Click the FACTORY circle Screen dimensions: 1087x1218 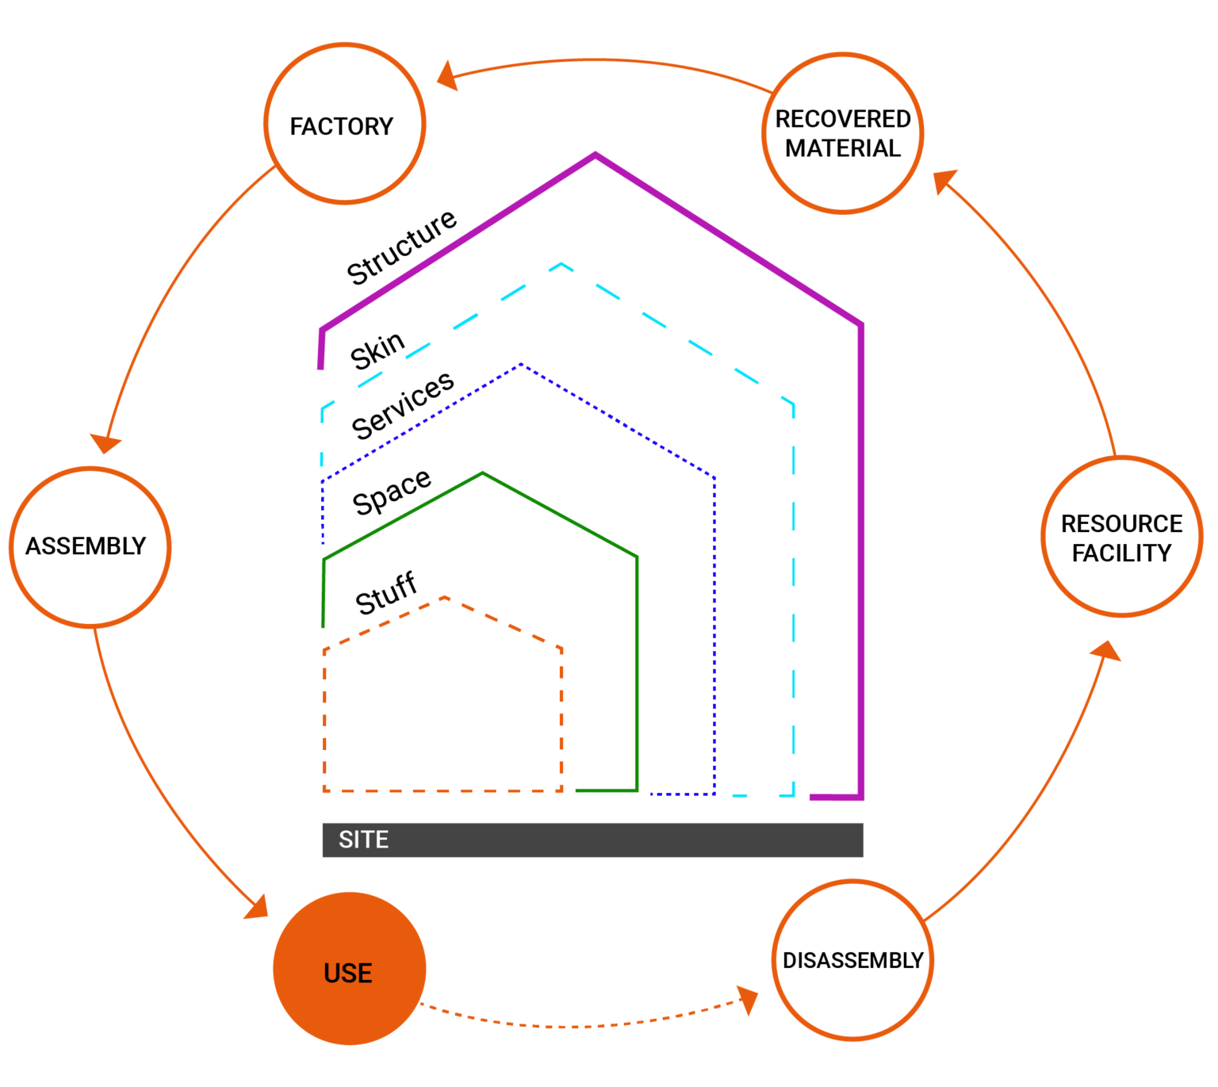(x=344, y=124)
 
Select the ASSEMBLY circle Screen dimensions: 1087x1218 (x=90, y=547)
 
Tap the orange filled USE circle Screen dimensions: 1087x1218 (x=349, y=969)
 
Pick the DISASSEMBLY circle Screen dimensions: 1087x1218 (x=852, y=959)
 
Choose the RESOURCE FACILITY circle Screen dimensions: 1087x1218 (x=1121, y=537)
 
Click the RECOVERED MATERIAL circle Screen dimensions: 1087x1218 (x=843, y=133)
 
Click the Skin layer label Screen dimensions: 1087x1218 (x=378, y=350)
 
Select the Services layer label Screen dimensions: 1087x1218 (x=403, y=404)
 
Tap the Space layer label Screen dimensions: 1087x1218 (x=392, y=492)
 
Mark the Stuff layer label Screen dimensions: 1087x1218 (x=386, y=593)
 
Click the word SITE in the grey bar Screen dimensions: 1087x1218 (x=363, y=840)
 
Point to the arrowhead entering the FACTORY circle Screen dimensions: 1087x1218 (x=446, y=75)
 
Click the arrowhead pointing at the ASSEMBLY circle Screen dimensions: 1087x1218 (x=105, y=443)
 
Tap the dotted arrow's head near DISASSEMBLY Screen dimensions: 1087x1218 (x=747, y=998)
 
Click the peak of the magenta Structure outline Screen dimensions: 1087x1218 (x=595, y=155)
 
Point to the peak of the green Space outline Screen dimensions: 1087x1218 (x=483, y=474)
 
